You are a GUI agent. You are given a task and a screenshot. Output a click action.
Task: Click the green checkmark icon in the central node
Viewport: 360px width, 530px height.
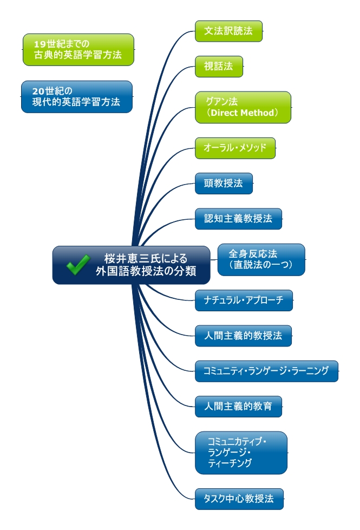77,265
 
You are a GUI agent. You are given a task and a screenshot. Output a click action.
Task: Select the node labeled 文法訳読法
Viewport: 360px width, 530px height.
228,31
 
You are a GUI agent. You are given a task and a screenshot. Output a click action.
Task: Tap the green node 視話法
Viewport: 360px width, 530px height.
219,66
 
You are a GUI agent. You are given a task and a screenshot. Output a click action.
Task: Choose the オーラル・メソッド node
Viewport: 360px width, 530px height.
235,148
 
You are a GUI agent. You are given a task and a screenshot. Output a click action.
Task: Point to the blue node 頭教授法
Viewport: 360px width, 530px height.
223,184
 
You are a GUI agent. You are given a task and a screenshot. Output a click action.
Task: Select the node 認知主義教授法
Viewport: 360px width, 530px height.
238,219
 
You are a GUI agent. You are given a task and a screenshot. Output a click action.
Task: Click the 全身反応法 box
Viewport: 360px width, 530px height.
261,259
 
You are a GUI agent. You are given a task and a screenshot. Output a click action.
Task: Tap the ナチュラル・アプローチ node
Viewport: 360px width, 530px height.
244,300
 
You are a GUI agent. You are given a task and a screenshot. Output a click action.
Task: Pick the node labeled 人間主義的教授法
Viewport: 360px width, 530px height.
243,336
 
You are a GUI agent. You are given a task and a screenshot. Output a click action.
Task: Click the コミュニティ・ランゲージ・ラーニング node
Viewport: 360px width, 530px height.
266,371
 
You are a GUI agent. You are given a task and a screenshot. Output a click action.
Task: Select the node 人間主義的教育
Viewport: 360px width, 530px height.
238,407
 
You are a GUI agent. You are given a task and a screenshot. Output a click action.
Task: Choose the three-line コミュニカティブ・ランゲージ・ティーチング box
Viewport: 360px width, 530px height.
241,453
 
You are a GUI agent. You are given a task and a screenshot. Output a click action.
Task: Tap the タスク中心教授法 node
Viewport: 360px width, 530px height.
239,499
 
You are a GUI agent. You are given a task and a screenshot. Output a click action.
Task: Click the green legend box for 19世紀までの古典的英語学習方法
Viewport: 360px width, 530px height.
78,49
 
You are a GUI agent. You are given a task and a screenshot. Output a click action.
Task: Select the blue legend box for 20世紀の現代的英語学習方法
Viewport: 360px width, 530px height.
77,96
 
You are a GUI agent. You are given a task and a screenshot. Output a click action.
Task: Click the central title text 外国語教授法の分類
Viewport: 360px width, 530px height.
146,271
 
